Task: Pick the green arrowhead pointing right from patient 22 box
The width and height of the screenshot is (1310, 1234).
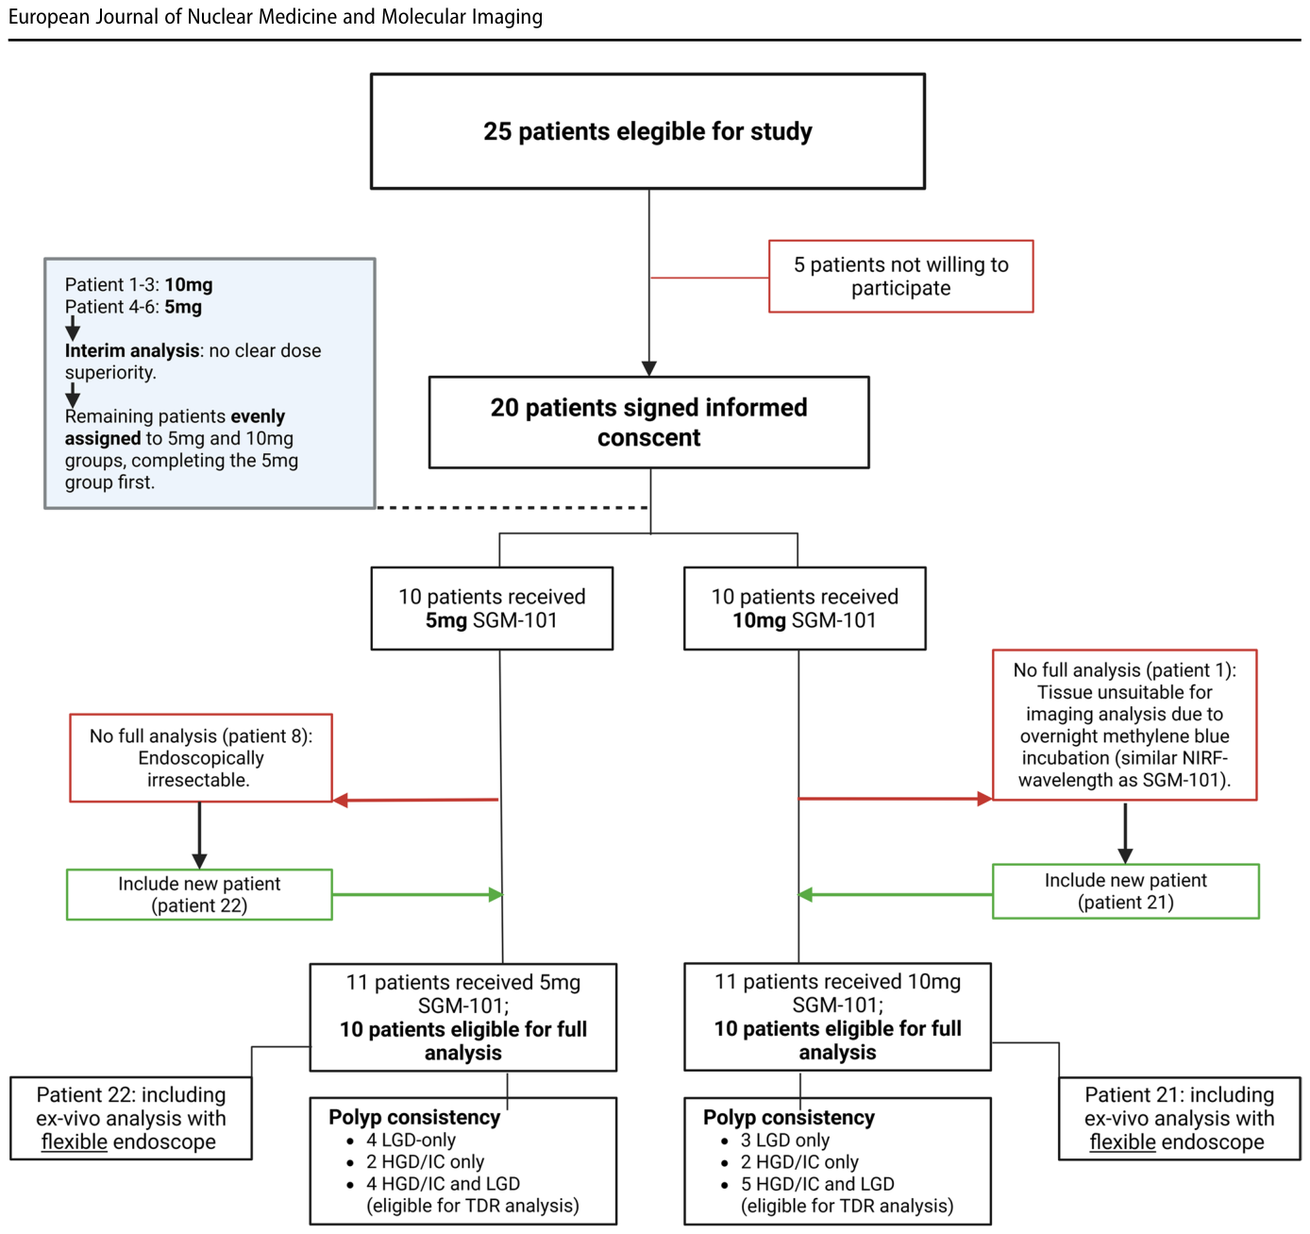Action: [x=495, y=895]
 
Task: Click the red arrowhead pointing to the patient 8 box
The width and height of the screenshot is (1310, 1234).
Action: [x=341, y=801]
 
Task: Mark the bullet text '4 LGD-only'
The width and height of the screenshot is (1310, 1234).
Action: [x=411, y=1140]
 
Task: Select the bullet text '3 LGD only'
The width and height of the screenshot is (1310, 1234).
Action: [x=784, y=1140]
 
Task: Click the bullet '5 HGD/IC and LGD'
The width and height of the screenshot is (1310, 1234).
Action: [x=816, y=1184]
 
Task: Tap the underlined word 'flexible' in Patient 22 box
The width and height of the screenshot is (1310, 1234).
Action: [x=74, y=1141]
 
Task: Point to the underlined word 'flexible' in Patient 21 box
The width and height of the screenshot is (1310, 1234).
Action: [x=1122, y=1141]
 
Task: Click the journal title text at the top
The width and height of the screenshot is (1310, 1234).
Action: [x=275, y=16]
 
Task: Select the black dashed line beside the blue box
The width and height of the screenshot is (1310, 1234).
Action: [x=512, y=507]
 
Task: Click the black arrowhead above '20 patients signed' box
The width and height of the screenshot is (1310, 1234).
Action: [x=649, y=368]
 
